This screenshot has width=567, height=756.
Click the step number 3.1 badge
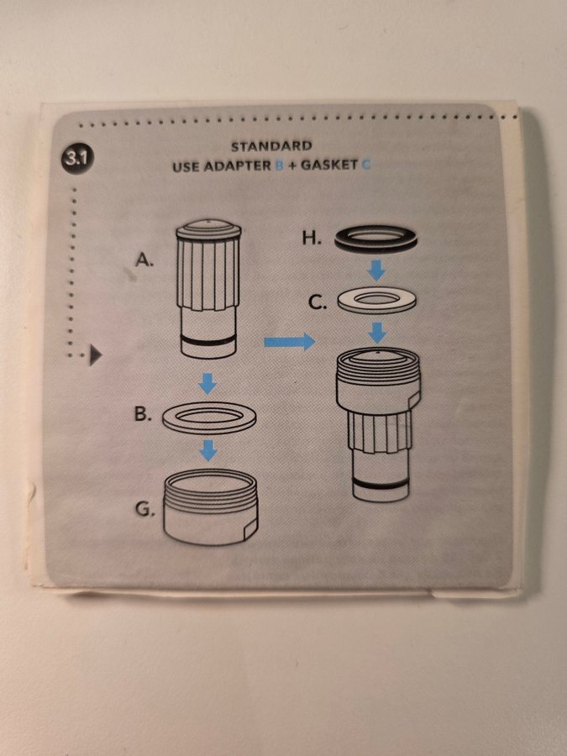(x=77, y=159)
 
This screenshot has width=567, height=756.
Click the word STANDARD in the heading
(x=271, y=146)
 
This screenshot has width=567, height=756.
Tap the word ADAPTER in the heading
(x=237, y=166)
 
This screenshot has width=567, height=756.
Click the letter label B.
(x=143, y=414)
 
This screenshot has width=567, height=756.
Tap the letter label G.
(x=144, y=510)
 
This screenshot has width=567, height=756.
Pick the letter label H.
(x=312, y=238)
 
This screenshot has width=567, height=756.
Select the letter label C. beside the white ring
(x=318, y=302)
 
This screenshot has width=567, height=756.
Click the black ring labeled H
(x=376, y=247)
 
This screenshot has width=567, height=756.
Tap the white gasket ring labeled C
(x=376, y=309)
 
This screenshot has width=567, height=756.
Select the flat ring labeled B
(x=209, y=428)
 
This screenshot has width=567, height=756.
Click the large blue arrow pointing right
(x=289, y=342)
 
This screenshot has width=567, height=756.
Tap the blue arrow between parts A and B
(x=207, y=383)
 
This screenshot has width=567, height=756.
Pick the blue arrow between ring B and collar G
(x=208, y=450)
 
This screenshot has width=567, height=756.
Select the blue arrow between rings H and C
(x=376, y=270)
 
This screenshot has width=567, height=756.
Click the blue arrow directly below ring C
(x=377, y=333)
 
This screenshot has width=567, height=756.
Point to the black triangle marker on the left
(x=95, y=356)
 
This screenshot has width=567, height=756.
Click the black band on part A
(x=209, y=341)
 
